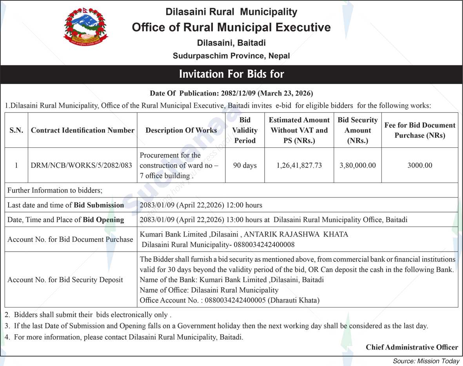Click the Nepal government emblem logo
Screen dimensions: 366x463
tap(85, 27)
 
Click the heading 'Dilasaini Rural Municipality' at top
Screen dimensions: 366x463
tap(231, 12)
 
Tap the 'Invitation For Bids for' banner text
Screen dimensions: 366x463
tap(231, 74)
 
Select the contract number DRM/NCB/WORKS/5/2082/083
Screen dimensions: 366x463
tap(82, 165)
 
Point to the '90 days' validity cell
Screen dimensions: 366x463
tap(245, 165)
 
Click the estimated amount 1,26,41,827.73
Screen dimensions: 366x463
tap(299, 165)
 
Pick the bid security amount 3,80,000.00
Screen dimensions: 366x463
tap(358, 165)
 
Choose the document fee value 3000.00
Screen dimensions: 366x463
tap(419, 165)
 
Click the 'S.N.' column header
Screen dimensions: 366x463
tap(16, 130)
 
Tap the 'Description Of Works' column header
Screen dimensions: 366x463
tap(181, 130)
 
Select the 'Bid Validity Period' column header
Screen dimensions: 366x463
tap(245, 130)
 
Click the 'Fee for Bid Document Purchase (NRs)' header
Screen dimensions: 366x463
tap(419, 130)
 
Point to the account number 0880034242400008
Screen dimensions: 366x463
tap(264, 245)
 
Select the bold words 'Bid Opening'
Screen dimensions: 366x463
tap(103, 220)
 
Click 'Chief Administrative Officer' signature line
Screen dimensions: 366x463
tap(412, 347)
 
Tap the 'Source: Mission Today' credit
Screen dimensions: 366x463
tap(426, 361)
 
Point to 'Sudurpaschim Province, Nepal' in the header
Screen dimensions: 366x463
tap(231, 56)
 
